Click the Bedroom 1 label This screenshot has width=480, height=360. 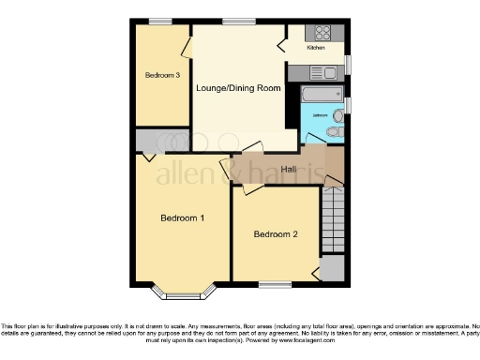coord(183,218)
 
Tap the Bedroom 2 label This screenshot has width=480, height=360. coord(276,234)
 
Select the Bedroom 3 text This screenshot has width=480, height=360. coord(161,75)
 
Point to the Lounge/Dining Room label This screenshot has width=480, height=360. coord(238,88)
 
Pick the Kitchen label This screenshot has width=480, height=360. coord(316,47)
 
